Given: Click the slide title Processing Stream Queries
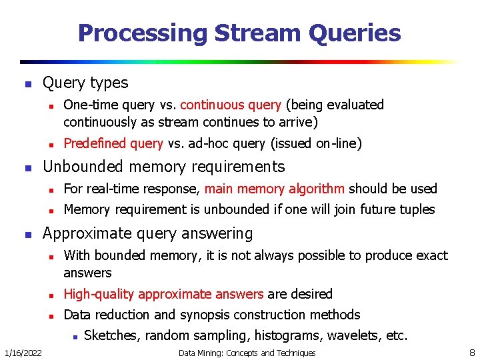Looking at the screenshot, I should coord(239,33).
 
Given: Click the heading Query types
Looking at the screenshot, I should coord(85,83).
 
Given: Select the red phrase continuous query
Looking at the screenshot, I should coord(231,105).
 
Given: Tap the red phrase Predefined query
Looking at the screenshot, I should coord(113,143).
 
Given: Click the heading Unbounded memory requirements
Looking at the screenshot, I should coord(163,167).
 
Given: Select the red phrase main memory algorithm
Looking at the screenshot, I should coord(275,189).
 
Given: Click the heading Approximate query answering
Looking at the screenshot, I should coord(147,233).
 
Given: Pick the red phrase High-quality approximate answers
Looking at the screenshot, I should coord(164,294).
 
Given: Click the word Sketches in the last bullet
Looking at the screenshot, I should coord(111,335).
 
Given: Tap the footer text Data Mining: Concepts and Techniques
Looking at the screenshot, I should coord(247,353).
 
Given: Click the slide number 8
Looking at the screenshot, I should coord(471,352).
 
